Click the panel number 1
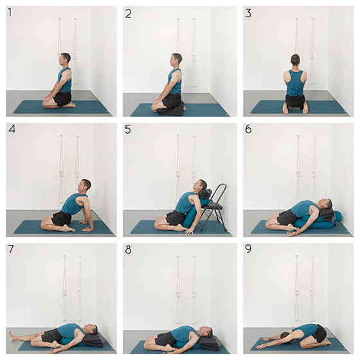coord(10,12)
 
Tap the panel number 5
coord(128,129)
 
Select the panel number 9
coord(248,249)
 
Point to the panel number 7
coord(11,249)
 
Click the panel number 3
coord(248,13)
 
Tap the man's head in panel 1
coord(65,59)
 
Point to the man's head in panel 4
coord(84,186)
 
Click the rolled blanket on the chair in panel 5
coord(206,194)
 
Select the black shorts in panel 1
coord(62,99)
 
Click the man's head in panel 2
coord(176,60)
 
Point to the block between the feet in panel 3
coord(295,108)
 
